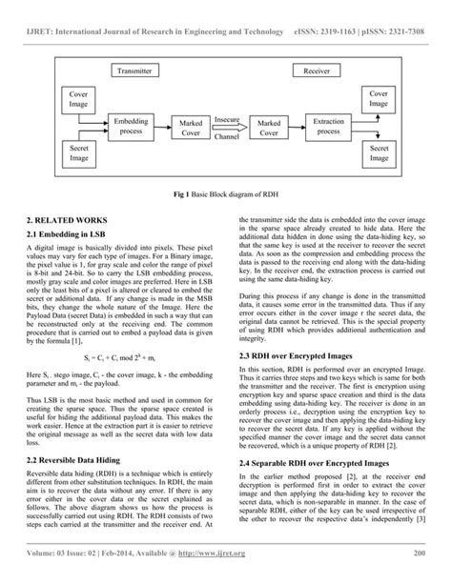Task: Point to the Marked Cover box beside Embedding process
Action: (191, 129)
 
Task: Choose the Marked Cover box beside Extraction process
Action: (269, 129)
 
